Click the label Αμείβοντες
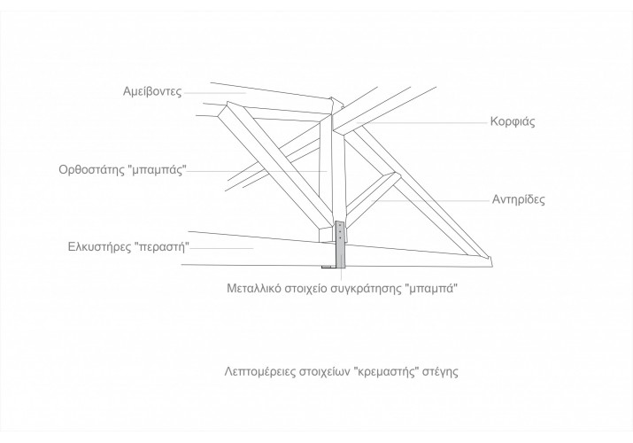pos(152,92)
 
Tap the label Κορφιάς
pos(513,121)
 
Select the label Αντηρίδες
pos(518,199)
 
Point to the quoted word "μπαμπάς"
pos(158,169)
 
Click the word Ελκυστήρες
pos(99,246)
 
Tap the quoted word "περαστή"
pos(161,246)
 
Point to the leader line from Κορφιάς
pos(422,121)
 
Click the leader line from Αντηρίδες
pos(430,200)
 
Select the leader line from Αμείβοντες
pos(215,93)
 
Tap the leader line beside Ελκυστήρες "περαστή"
pos(221,248)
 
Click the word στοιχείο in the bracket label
pos(306,290)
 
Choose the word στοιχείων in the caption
pos(324,371)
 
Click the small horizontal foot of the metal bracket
pos(328,267)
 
